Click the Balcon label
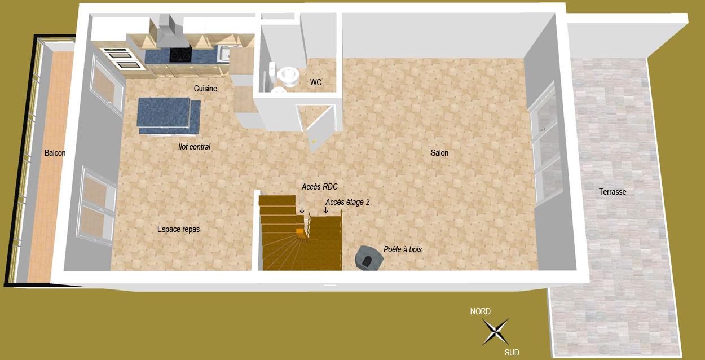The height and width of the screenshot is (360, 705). [x=55, y=153]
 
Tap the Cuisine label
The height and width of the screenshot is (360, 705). [x=205, y=89]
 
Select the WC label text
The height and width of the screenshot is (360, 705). [x=316, y=82]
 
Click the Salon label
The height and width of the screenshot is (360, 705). [x=439, y=153]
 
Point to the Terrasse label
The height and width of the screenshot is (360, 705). [x=613, y=192]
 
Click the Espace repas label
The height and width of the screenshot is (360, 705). [x=178, y=230]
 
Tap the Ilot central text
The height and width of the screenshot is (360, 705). [x=194, y=147]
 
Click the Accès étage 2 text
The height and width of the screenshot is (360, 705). [x=347, y=201]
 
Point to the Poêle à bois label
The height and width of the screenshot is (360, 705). [x=402, y=249]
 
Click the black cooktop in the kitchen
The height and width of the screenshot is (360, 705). [x=180, y=55]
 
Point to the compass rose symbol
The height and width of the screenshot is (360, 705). [x=495, y=331]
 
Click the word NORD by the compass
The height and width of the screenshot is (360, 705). [x=481, y=311]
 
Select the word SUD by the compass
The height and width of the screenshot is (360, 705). [x=512, y=353]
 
